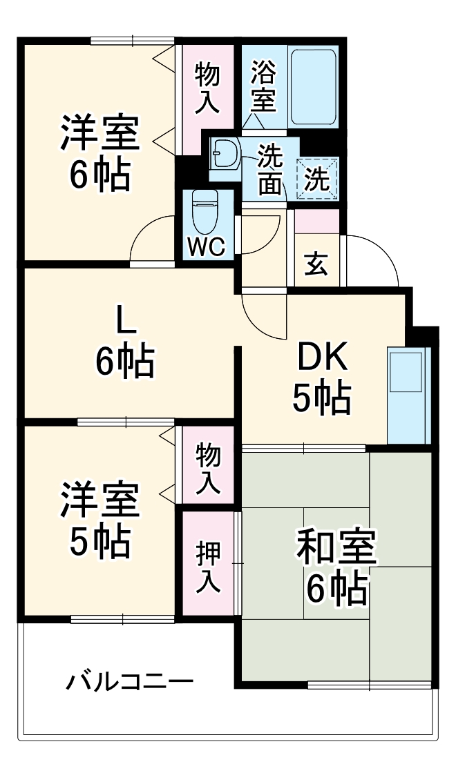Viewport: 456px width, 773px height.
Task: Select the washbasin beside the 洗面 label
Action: point(225,153)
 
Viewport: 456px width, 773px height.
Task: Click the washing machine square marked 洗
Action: point(318,179)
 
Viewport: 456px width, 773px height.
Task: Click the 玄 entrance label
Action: point(316,264)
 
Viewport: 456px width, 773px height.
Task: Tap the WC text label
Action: point(205,247)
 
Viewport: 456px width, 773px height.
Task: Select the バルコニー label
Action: point(129,683)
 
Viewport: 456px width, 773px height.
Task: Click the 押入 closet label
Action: point(208,566)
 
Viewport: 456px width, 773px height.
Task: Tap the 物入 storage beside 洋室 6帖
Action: point(207,88)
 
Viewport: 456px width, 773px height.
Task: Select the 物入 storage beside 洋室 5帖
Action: point(208,468)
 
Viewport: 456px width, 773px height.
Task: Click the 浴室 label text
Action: point(263,86)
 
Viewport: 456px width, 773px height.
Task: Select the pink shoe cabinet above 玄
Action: point(317,220)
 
